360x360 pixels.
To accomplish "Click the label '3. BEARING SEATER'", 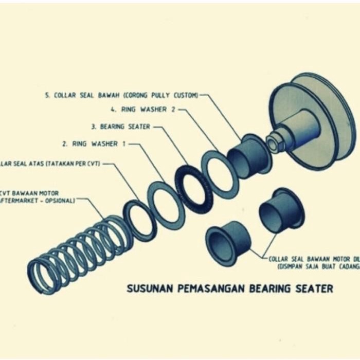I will pos(121,126).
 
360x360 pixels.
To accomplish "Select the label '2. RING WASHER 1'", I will pos(94,144).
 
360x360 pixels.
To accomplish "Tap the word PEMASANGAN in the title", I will pos(211,289).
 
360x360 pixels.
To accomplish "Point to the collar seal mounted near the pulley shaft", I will pos(247,154).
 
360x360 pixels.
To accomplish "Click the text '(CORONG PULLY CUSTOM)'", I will pos(166,96).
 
